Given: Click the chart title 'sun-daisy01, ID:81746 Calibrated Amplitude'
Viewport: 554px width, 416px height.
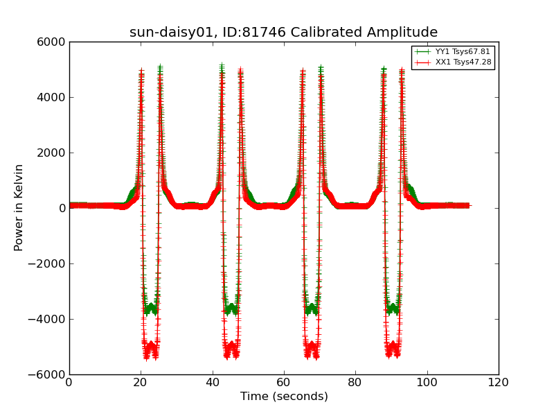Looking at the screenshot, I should tap(283, 33).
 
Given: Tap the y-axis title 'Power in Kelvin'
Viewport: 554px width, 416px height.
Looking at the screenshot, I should tap(19, 208).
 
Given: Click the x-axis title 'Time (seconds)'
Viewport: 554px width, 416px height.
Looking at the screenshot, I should tap(284, 397).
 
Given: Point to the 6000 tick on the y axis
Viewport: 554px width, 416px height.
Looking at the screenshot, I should tap(52, 42).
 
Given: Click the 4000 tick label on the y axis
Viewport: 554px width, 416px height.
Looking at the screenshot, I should tap(52, 97).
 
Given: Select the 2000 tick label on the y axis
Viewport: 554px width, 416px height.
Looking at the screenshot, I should tap(52, 153).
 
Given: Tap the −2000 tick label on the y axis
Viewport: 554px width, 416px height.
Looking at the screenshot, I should tap(48, 263).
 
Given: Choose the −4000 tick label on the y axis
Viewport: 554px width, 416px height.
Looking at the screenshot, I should tap(48, 319).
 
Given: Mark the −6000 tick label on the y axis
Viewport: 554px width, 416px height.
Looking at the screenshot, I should tap(48, 374).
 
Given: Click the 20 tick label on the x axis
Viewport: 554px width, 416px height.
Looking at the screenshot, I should tap(141, 382).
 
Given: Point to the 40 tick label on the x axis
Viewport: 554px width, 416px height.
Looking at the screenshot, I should tap(213, 382).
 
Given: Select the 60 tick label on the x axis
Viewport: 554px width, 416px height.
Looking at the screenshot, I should tap(284, 382).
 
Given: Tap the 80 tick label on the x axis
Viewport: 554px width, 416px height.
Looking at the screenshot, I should tap(355, 382).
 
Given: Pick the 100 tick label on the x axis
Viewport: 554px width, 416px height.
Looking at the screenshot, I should tap(427, 382).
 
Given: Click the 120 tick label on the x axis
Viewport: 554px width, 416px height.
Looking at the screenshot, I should tap(499, 382).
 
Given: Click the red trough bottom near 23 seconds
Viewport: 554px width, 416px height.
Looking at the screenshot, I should tap(151, 347).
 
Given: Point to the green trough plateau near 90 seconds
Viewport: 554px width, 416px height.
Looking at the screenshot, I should tap(393, 307).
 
